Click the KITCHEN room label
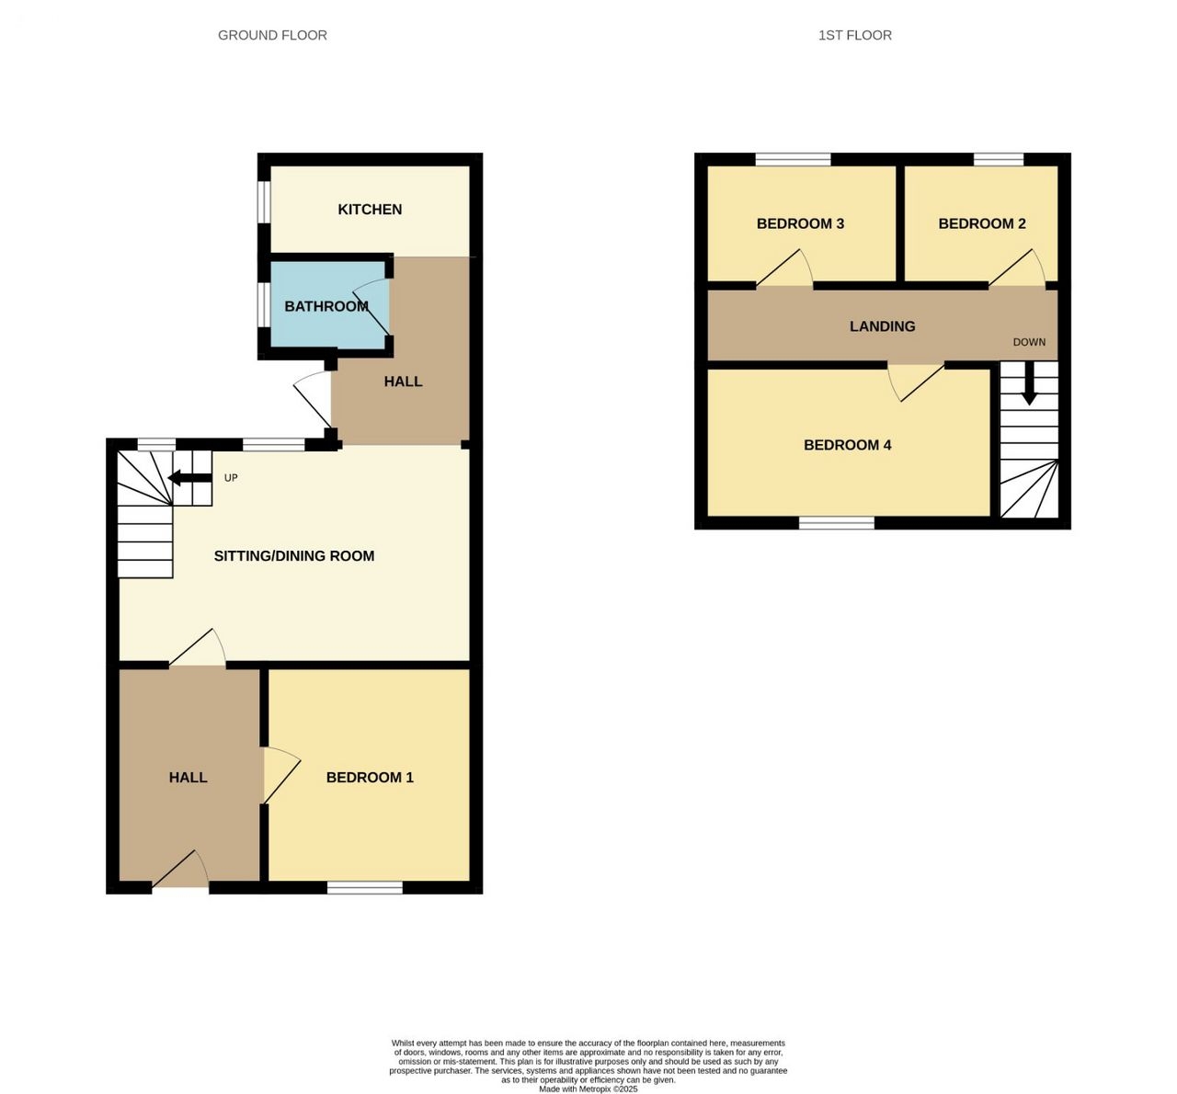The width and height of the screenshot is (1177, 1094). point(370,210)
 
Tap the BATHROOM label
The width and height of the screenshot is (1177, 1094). point(326,306)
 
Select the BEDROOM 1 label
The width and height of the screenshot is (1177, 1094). point(370,777)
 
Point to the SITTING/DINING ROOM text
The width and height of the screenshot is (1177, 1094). point(294,556)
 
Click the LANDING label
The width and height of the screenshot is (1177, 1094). point(883,326)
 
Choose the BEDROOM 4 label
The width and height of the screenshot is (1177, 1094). point(848,445)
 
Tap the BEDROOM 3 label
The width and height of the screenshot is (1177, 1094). point(800,223)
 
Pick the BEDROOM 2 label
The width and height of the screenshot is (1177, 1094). point(982,223)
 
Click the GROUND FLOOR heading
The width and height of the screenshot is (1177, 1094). point(272,36)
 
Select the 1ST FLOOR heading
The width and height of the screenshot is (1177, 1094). point(855,36)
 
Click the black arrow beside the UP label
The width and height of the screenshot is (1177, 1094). point(189,478)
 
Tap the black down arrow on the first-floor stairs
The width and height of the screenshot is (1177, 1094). point(1030,383)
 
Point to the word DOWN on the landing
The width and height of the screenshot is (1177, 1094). point(1030,342)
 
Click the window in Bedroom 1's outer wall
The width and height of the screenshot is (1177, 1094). point(365,887)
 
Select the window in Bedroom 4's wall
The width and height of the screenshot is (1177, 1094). point(836,523)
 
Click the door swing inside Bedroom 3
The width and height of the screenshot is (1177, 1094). point(784,268)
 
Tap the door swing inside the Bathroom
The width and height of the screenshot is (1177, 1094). point(371,307)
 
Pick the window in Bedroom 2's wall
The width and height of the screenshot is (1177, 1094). point(999,159)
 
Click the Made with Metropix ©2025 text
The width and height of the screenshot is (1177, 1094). point(588,1089)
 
